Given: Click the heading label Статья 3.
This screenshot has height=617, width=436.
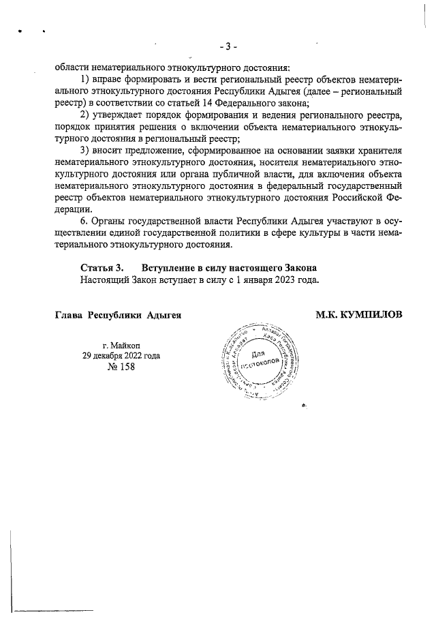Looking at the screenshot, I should click(x=102, y=267).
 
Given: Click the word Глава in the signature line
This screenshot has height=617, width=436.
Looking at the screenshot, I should click(x=69, y=314).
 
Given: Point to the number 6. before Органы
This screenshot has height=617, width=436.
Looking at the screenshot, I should click(x=84, y=222).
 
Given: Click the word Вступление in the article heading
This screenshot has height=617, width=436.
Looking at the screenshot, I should click(x=168, y=267).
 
